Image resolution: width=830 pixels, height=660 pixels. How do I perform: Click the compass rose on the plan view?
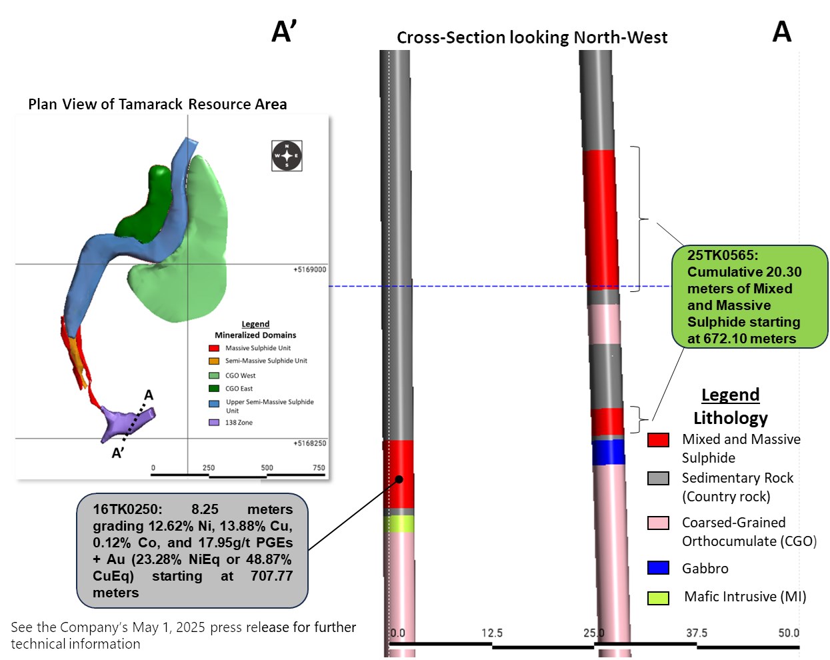pyautogui.click(x=287, y=156)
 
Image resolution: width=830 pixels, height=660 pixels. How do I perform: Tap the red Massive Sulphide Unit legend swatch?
pyautogui.click(x=214, y=348)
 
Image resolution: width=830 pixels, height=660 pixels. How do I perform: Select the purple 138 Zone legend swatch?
pyautogui.click(x=214, y=423)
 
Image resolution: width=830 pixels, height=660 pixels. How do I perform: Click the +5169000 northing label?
pyautogui.click(x=310, y=269)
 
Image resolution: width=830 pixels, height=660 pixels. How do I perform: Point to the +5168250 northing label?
pyautogui.click(x=310, y=443)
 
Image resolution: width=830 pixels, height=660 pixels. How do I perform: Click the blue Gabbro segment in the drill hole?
pyautogui.click(x=608, y=452)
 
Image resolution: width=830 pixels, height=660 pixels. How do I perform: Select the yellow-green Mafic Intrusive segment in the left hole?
pyautogui.click(x=399, y=524)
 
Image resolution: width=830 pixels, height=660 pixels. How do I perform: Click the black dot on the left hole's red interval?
pyautogui.click(x=399, y=479)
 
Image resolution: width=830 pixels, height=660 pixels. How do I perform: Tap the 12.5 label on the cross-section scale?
pyautogui.click(x=492, y=633)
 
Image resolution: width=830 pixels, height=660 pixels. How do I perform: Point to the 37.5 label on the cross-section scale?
pyautogui.click(x=697, y=633)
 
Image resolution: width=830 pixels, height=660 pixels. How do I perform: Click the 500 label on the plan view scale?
pyautogui.click(x=267, y=467)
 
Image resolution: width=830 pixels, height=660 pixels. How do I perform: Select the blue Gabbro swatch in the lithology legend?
pyautogui.click(x=658, y=568)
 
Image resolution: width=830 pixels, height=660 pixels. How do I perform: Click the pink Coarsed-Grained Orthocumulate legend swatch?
pyautogui.click(x=658, y=523)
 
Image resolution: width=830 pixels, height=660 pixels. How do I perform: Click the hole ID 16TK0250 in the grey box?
pyautogui.click(x=127, y=509)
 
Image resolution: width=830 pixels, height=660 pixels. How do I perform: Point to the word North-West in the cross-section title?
pyautogui.click(x=621, y=37)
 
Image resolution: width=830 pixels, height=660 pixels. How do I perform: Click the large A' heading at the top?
pyautogui.click(x=284, y=31)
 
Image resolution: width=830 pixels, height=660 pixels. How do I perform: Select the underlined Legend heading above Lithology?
pyautogui.click(x=731, y=395)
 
